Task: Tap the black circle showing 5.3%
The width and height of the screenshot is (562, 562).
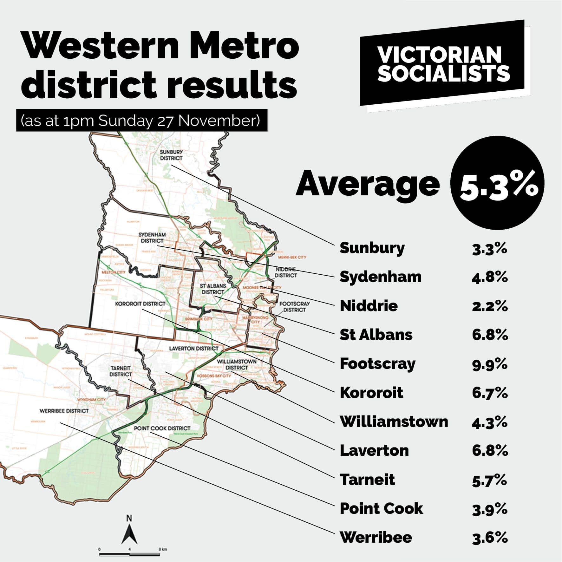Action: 497,183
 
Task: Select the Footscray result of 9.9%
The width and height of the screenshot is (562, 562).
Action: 490,364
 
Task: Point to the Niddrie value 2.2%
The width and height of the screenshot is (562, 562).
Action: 490,306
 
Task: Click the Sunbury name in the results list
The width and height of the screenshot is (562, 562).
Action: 372,248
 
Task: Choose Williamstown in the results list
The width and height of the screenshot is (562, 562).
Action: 394,422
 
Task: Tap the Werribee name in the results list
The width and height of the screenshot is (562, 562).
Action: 376,537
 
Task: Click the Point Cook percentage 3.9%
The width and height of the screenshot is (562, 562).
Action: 490,509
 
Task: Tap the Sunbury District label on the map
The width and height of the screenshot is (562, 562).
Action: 171,155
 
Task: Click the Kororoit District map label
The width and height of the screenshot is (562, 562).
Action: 140,304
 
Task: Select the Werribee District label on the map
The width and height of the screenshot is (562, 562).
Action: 64,411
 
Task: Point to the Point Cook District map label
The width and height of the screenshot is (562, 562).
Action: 162,428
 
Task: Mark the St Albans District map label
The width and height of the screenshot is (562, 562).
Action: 213,289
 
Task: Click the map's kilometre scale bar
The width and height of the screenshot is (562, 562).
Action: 129,554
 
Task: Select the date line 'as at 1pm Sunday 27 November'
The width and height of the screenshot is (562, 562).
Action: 141,121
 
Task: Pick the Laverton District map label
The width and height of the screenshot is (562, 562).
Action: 193,349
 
